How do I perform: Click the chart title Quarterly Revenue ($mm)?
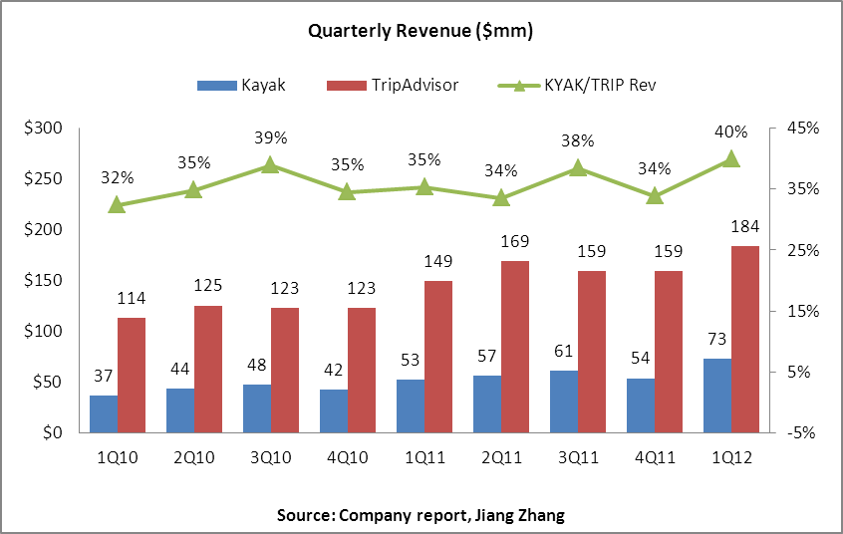point(421,32)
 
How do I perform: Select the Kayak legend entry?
point(242,85)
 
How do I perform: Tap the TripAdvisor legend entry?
point(393,85)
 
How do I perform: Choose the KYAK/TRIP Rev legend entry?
point(578,85)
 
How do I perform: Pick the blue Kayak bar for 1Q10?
point(104,413)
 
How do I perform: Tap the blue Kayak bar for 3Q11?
point(565,401)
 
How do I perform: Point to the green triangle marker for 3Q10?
point(269,165)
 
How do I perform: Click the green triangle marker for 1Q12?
point(730,158)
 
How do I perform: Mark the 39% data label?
point(270,138)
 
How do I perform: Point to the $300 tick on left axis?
point(43,129)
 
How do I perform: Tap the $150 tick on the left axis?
point(43,281)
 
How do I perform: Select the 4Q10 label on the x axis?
point(347,456)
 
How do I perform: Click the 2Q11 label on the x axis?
point(500,456)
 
